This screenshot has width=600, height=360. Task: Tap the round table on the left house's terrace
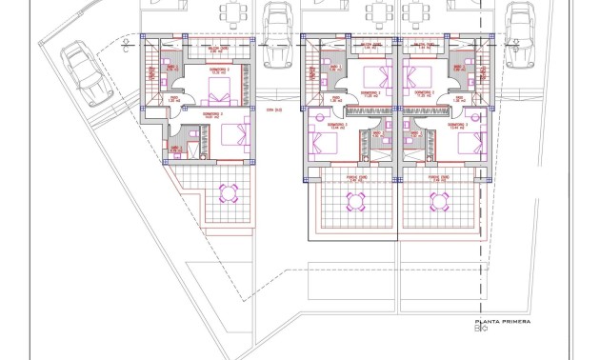tap(230, 193)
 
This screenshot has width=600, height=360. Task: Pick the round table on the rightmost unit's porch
tap(439, 201)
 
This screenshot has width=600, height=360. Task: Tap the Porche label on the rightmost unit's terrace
tap(438, 177)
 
